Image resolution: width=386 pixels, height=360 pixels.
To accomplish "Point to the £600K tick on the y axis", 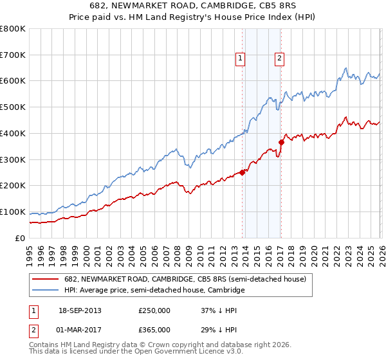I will pyautogui.click(x=13, y=81).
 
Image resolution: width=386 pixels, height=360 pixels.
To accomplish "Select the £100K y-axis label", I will pyautogui.click(x=13, y=212).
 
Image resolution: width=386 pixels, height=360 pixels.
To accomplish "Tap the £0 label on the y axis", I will pyautogui.click(x=19, y=238).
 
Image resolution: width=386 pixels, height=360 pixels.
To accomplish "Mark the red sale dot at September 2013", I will pyautogui.click(x=242, y=172).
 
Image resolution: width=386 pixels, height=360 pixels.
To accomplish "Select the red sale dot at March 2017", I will pyautogui.click(x=281, y=142).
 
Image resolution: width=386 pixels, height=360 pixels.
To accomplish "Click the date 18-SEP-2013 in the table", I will pyautogui.click(x=79, y=310).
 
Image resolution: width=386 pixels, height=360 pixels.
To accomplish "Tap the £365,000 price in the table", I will pyautogui.click(x=154, y=330).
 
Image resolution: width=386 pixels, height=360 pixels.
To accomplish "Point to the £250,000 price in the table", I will pyautogui.click(x=154, y=310).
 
